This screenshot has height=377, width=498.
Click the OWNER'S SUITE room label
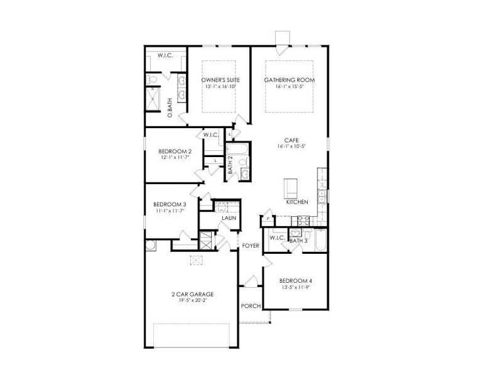click(x=219, y=80)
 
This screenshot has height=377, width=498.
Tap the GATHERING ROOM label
click(x=290, y=80)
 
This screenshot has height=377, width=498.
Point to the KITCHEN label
click(x=296, y=202)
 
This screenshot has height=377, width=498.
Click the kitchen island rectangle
click(x=291, y=188)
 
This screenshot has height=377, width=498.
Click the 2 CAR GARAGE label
click(x=193, y=293)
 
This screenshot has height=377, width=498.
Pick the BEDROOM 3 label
click(x=170, y=204)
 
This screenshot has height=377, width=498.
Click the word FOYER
click(x=251, y=246)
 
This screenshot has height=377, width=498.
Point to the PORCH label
click(x=250, y=306)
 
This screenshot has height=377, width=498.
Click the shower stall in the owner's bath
click(x=153, y=99)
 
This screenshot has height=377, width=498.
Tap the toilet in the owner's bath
click(x=151, y=80)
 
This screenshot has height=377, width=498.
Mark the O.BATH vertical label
click(x=170, y=107)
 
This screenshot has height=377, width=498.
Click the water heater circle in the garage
click(x=151, y=245)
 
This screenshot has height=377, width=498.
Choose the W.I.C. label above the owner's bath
click(x=166, y=55)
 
